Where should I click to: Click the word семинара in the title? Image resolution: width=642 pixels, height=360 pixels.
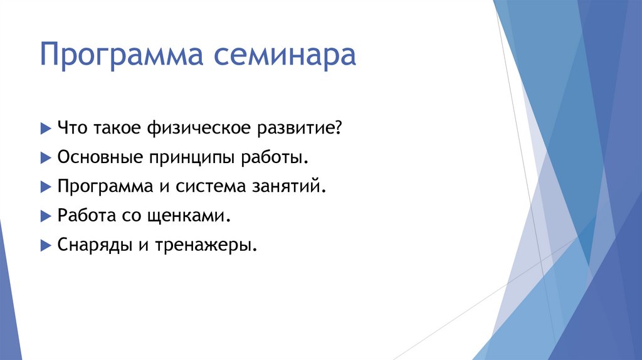click(285, 56)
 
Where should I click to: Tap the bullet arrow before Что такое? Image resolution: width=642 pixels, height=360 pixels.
click(45, 127)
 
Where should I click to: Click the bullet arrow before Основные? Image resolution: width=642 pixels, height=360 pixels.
click(45, 157)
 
